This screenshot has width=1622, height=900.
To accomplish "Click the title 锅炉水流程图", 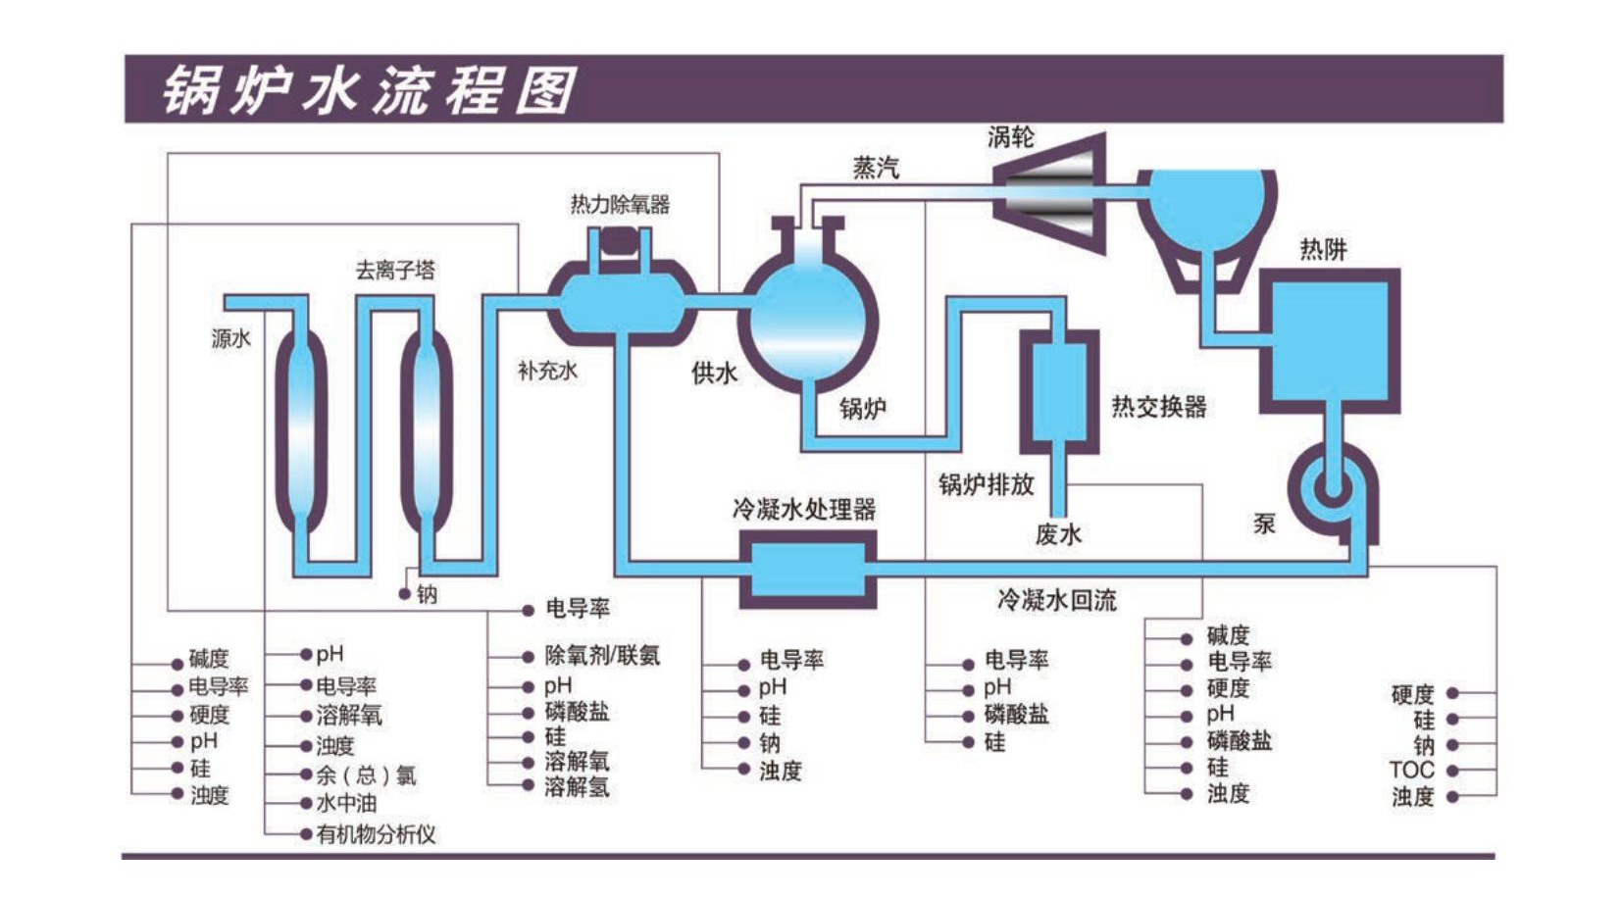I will pos(370,91).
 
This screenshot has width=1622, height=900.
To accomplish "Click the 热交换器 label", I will pos(1158,406).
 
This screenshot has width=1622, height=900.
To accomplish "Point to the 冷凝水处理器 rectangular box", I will pos(807,569).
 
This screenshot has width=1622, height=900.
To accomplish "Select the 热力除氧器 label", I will pos(620,204).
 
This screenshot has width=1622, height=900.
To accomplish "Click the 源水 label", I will pos(230,338).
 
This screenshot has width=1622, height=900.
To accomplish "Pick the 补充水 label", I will pos(547,371).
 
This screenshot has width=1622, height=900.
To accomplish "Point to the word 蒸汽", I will pos(875,169).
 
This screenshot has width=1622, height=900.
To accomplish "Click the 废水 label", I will pos(1058,534).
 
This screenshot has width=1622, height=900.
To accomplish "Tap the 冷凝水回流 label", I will pos(1056,600).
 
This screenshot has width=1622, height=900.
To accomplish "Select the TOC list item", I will pos(1411,770).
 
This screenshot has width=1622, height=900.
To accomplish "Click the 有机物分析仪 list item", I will pos(375,834).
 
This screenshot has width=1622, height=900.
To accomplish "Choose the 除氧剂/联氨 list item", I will pos(602,655).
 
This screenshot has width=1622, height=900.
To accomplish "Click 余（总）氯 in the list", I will pos(365,775).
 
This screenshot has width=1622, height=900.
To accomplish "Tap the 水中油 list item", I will pos(345,804).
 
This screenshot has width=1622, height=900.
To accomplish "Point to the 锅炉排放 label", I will pos(986,484).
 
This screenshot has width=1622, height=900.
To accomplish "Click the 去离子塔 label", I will pos(394,270).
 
